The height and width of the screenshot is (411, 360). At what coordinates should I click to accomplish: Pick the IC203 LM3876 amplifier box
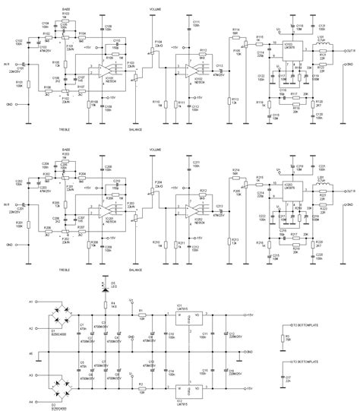pos(292,191)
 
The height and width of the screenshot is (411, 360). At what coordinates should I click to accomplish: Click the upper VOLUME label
pos(157,10)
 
